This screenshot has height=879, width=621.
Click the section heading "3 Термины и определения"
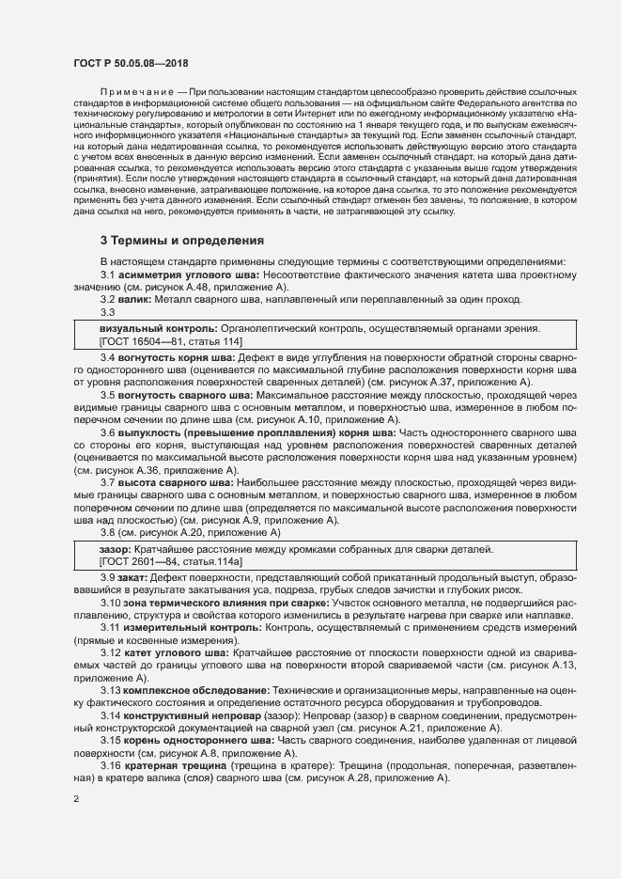(181, 241)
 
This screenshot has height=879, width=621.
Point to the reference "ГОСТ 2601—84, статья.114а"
(170, 561)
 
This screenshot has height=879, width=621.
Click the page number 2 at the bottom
(76, 801)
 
